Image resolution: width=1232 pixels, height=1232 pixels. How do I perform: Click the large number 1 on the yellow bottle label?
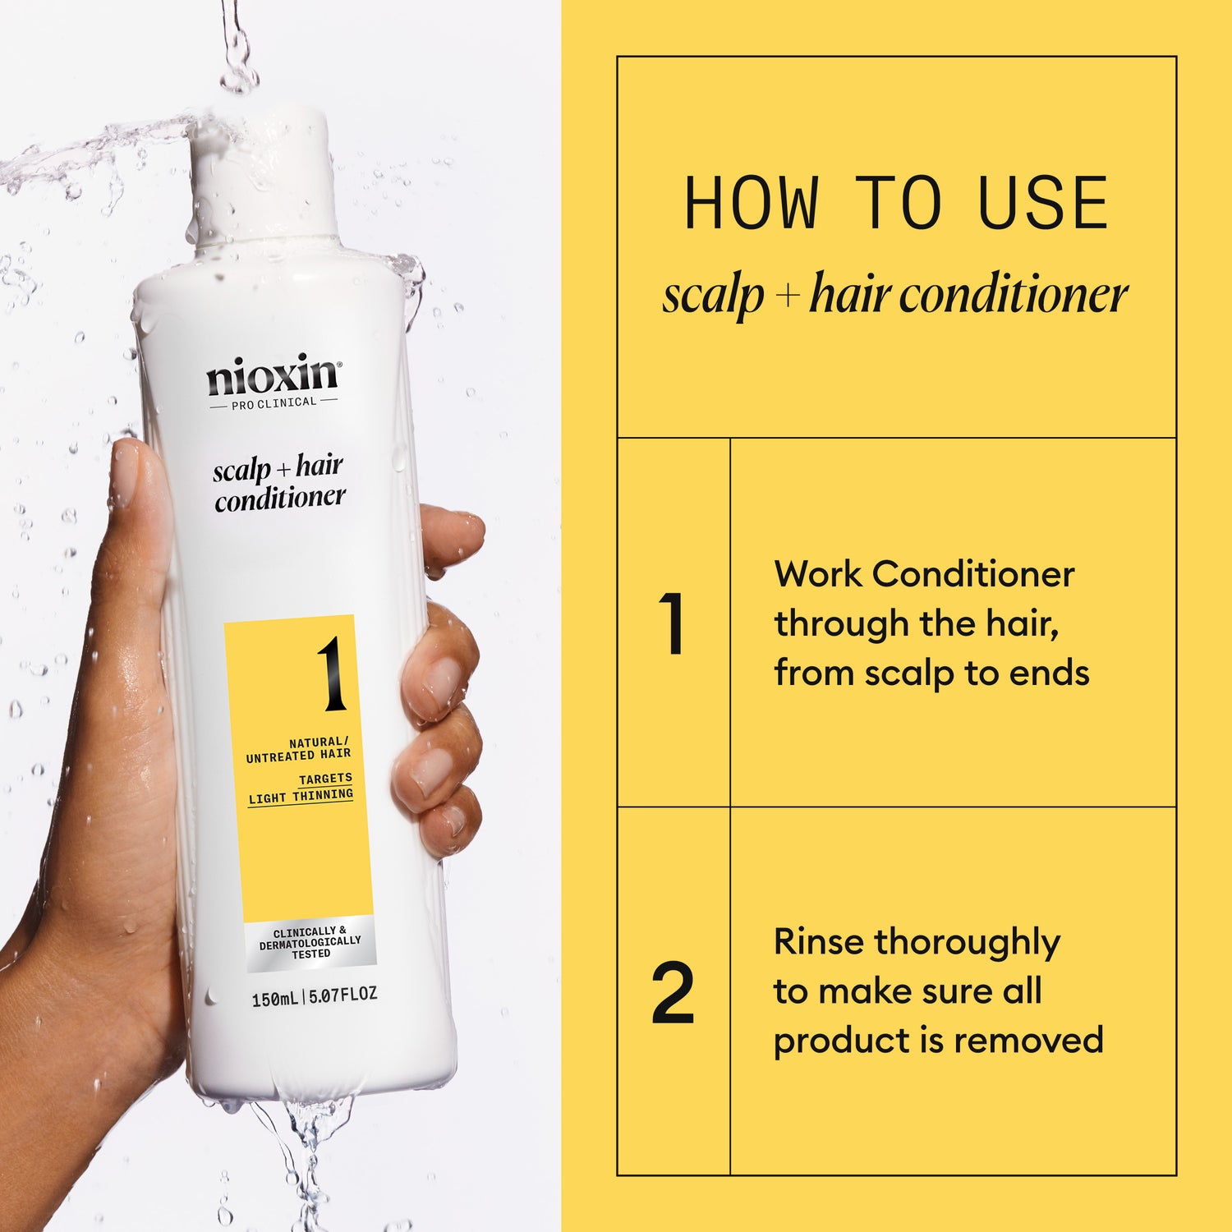click(333, 673)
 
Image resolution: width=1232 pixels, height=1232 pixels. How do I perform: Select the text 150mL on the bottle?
click(274, 999)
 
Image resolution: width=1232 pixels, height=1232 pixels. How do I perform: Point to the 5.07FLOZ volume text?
click(343, 995)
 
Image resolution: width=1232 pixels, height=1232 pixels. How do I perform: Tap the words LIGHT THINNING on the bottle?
click(301, 797)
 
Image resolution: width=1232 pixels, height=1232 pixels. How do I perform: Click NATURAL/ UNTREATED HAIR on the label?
click(299, 748)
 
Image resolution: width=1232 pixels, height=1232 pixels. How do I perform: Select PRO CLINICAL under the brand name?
click(274, 403)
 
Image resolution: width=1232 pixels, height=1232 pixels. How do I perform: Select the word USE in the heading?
click(1043, 204)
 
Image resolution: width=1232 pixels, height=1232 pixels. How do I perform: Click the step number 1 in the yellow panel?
click(673, 623)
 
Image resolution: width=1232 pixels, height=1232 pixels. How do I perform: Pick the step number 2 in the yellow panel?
click(673, 993)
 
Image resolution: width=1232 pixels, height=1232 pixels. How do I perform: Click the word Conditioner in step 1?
click(973, 574)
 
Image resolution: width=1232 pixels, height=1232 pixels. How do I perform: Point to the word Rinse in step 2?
click(818, 942)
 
